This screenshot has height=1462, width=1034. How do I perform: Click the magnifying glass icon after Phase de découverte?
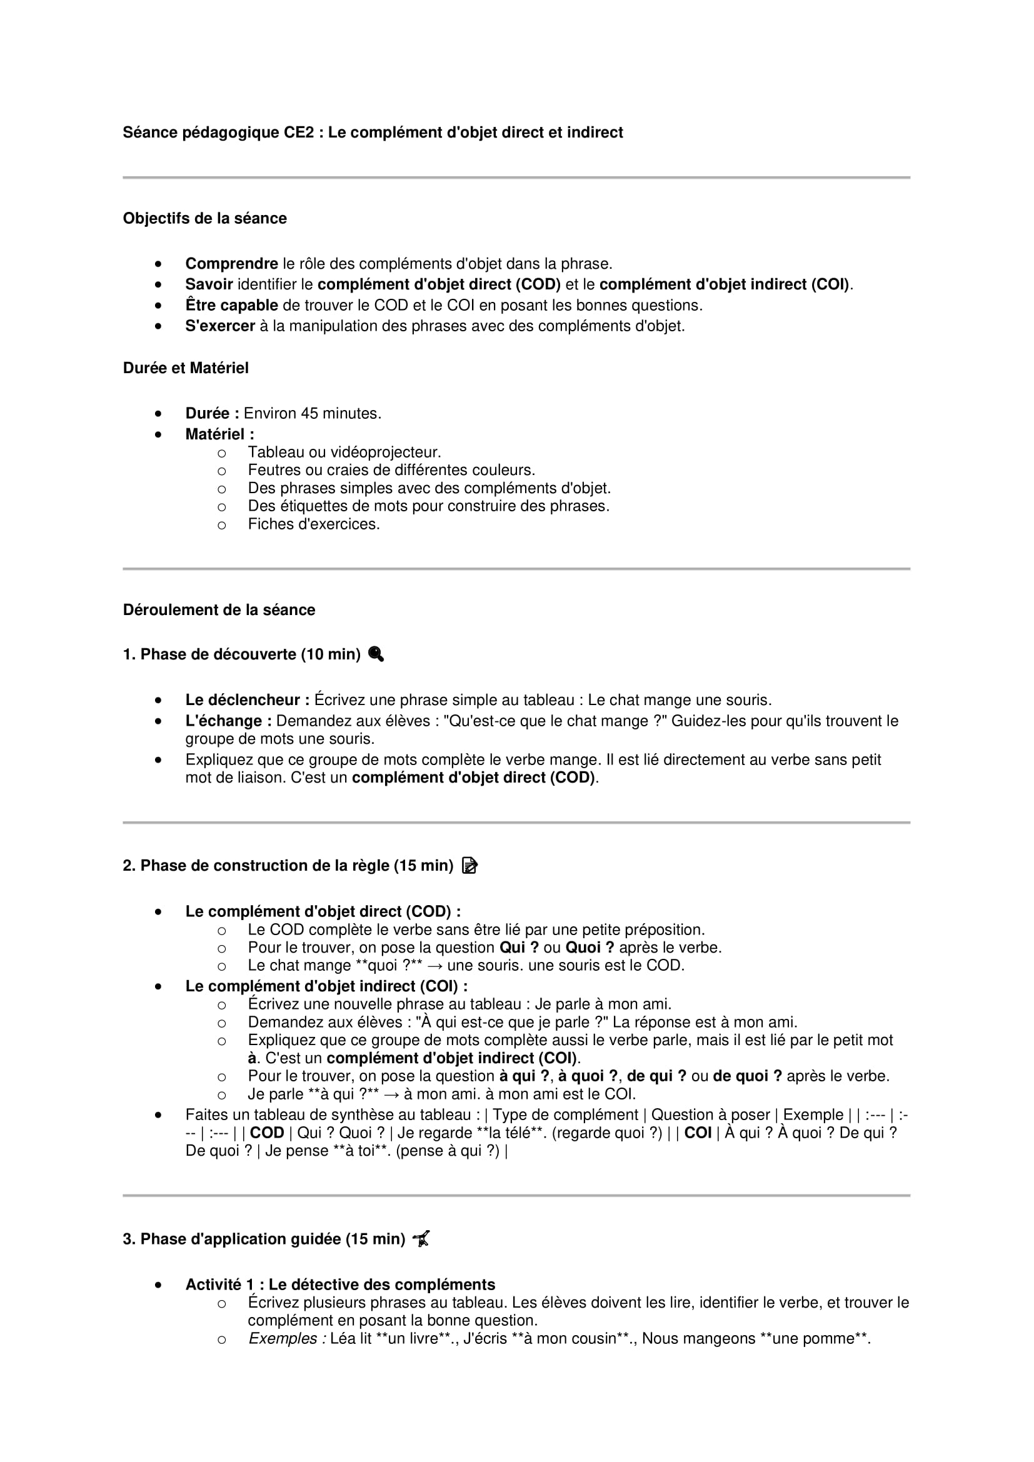[x=376, y=654]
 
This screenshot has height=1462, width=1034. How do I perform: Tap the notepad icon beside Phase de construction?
[x=469, y=865]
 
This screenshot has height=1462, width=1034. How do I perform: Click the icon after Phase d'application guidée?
[x=421, y=1238]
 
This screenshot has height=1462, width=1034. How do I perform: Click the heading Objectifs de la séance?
[x=204, y=218]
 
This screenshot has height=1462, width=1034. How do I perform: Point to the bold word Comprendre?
[x=231, y=264]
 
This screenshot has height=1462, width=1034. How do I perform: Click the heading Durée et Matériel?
[x=185, y=368]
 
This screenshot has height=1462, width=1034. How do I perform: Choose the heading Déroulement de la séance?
[x=218, y=610]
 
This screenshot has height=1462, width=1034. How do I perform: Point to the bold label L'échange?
[x=228, y=721]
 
